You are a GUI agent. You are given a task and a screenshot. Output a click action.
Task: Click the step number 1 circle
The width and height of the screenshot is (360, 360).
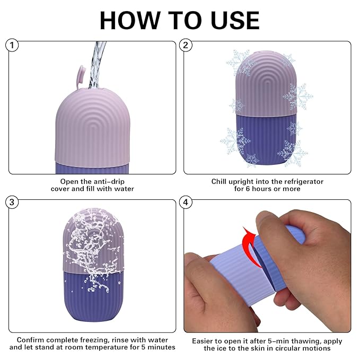click(13, 46)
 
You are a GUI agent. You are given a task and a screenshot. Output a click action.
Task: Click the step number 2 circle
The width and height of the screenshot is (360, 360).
click(186, 46)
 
